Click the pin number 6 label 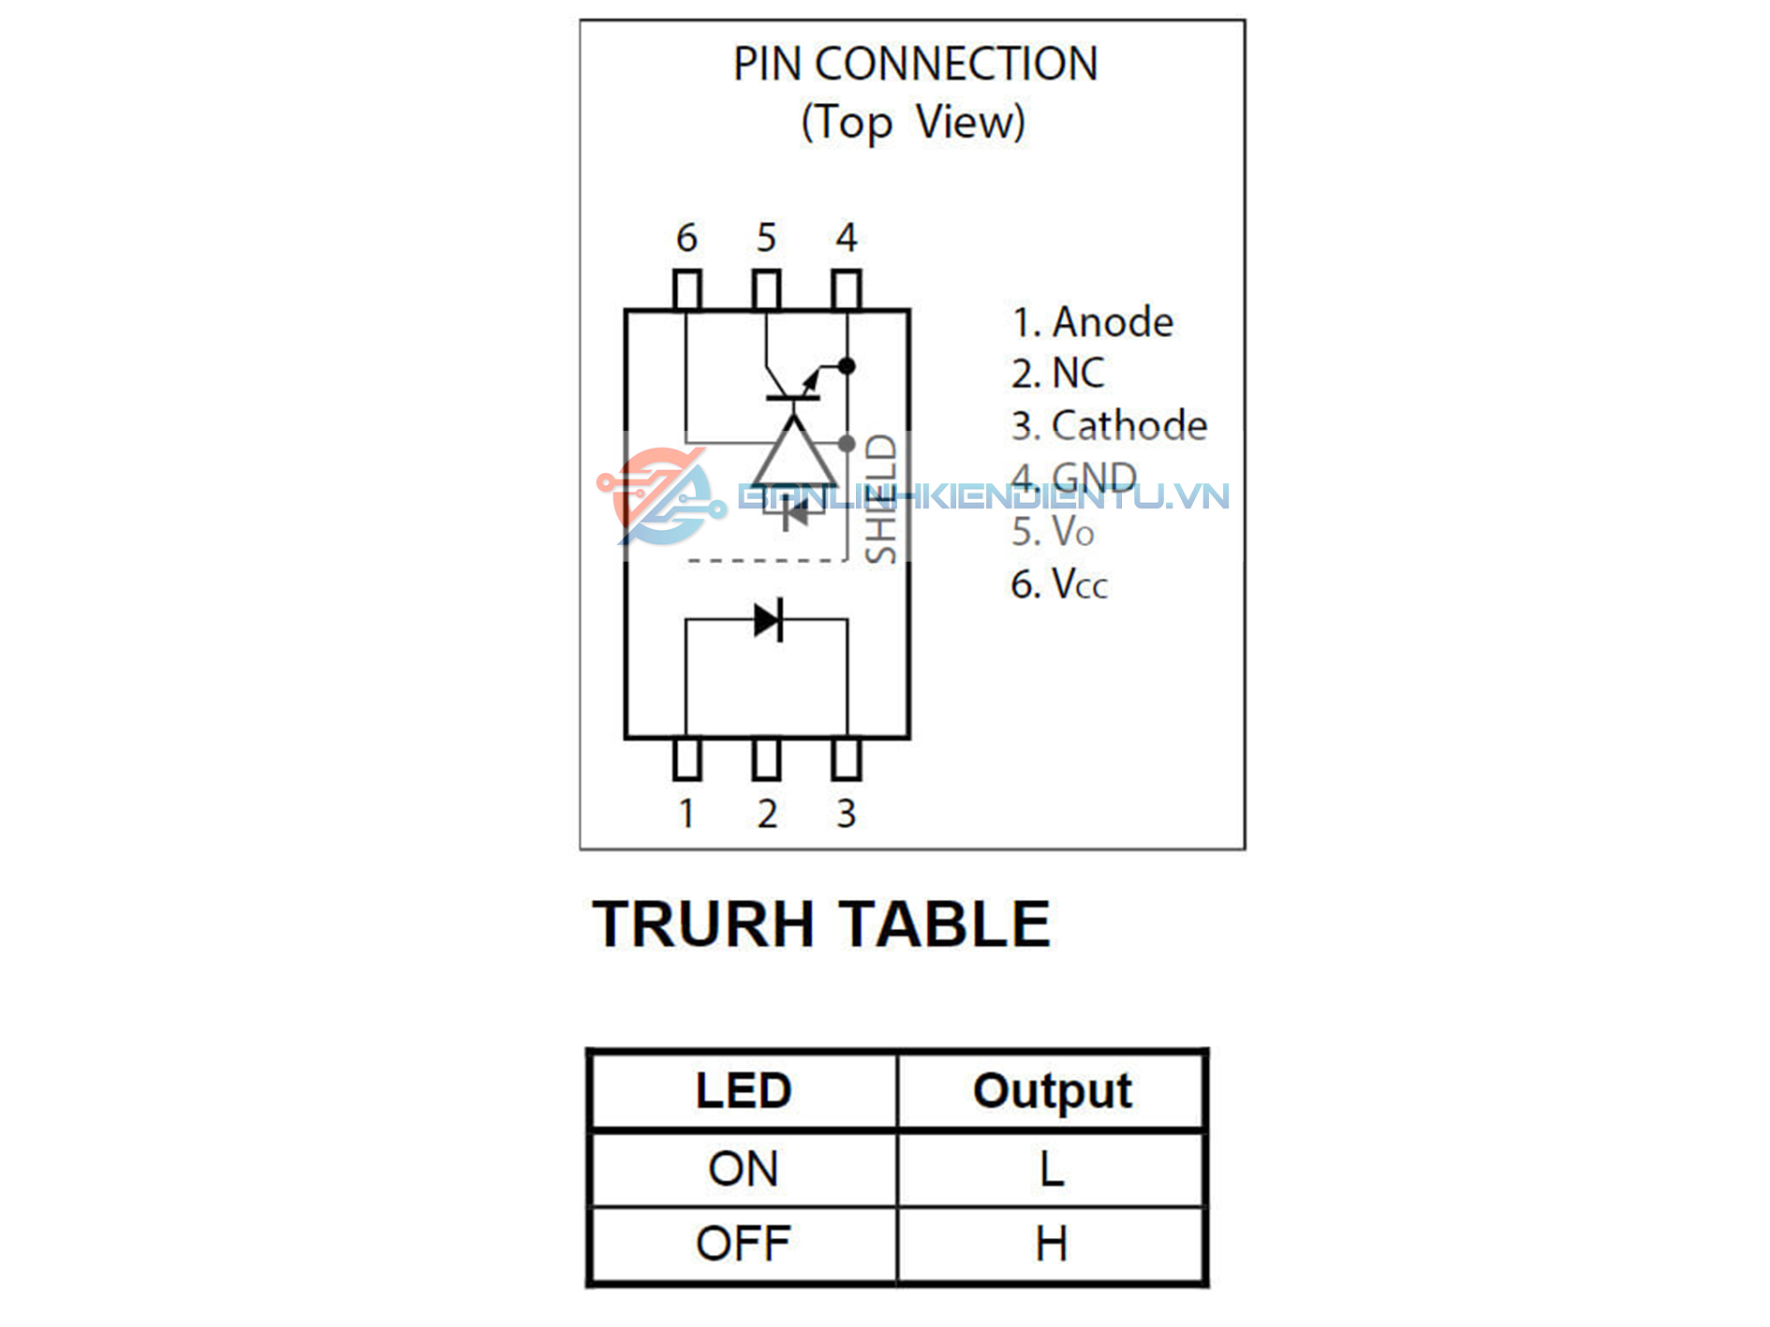click(x=686, y=238)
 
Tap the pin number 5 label click(x=766, y=238)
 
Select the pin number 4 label click(x=847, y=238)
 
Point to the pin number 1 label click(x=686, y=813)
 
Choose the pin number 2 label click(x=767, y=813)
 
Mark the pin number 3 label click(x=847, y=813)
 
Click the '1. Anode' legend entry click(x=1092, y=322)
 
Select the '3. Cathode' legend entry click(x=1109, y=425)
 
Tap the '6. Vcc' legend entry click(x=1059, y=584)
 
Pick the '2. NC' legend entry click(x=1057, y=373)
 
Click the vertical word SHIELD click(x=881, y=498)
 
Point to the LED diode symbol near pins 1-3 click(x=768, y=619)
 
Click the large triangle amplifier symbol click(x=794, y=455)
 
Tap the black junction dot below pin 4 click(x=847, y=366)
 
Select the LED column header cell click(x=744, y=1091)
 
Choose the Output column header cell click(x=1052, y=1091)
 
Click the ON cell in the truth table click(x=744, y=1169)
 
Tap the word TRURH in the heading click(x=702, y=924)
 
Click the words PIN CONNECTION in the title click(x=915, y=65)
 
